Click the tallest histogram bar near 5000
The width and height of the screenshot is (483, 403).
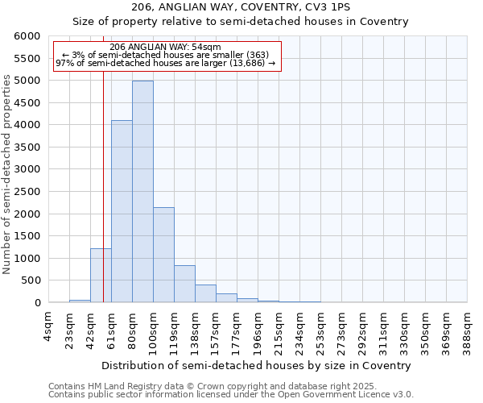142,192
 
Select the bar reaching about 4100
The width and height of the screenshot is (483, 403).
122,211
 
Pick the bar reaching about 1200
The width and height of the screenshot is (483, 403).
101,276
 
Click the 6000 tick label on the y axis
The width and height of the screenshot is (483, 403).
27,36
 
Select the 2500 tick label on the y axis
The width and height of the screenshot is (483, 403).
27,192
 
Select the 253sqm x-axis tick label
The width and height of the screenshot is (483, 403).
320,328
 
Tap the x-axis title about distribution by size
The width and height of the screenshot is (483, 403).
257,365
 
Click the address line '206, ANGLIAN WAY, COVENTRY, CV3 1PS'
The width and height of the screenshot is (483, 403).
241,7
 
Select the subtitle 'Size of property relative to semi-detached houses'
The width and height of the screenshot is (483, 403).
241,22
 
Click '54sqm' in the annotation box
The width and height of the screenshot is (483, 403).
196,48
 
